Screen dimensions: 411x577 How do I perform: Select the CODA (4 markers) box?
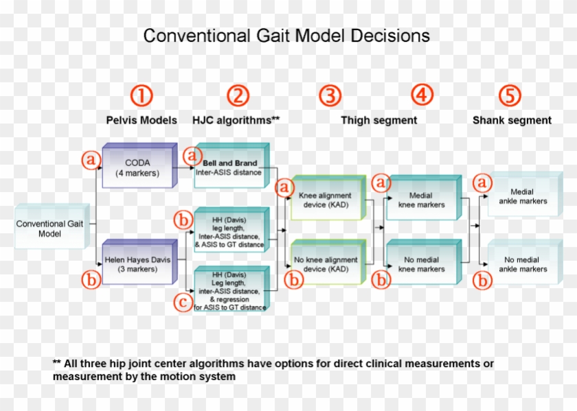tap(141, 167)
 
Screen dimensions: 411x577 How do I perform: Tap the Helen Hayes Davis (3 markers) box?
tap(141, 264)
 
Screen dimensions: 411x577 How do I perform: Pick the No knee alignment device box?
tap(328, 264)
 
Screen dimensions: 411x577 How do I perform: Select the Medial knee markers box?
tap(421, 200)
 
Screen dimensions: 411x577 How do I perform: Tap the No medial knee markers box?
tap(421, 264)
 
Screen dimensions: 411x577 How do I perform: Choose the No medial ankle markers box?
tap(523, 264)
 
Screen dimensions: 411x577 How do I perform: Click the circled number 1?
tap(141, 95)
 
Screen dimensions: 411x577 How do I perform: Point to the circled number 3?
tap(330, 95)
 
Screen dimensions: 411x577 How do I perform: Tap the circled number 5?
tap(510, 95)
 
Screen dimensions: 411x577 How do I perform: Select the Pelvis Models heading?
tap(141, 120)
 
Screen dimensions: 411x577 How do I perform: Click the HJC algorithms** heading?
tap(237, 120)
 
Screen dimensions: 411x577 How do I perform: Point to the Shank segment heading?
tap(512, 120)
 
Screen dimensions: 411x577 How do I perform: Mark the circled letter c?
tap(183, 302)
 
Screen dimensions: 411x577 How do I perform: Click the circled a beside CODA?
tap(91, 160)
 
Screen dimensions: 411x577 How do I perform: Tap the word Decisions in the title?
tap(390, 36)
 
